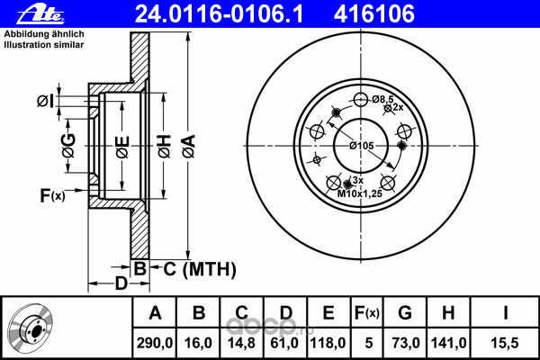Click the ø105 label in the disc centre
point(361,146)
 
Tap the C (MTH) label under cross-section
point(193,267)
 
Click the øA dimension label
point(187,143)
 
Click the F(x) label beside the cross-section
point(52,193)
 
